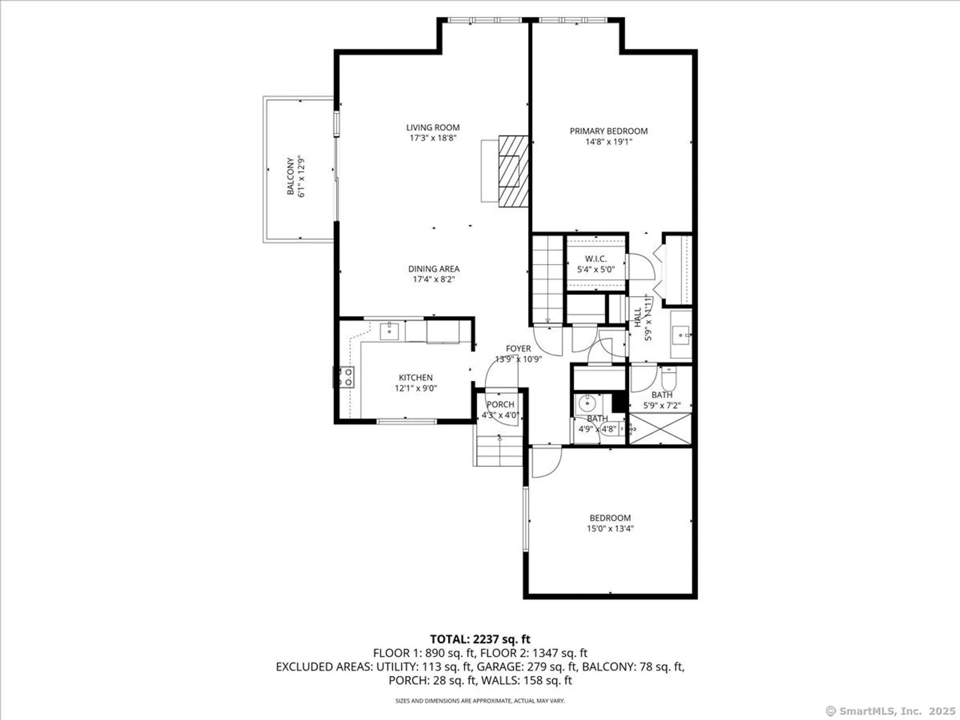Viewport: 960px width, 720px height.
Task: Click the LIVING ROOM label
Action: (432, 127)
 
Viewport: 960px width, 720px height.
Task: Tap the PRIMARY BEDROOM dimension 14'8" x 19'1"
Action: (608, 142)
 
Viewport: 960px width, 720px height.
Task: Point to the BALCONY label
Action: (290, 176)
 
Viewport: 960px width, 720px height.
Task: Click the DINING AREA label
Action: (433, 269)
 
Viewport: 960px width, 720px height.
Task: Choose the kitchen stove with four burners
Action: (344, 377)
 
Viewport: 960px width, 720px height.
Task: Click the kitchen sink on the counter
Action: (389, 331)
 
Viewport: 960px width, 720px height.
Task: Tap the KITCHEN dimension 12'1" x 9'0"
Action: (416, 388)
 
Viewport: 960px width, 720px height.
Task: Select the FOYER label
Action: (518, 348)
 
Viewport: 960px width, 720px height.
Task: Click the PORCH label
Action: (500, 405)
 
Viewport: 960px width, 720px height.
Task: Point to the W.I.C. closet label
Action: (596, 259)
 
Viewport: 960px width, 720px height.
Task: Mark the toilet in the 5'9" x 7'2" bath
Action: (669, 379)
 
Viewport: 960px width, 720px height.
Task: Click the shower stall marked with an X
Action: (660, 429)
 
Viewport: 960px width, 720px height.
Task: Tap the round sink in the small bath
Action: (587, 404)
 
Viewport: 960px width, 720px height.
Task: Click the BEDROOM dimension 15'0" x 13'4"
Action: (610, 528)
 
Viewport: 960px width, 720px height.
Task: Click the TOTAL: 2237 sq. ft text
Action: (480, 639)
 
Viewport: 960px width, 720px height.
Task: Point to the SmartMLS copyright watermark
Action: (890, 711)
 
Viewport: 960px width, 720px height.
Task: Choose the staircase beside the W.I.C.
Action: (548, 278)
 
